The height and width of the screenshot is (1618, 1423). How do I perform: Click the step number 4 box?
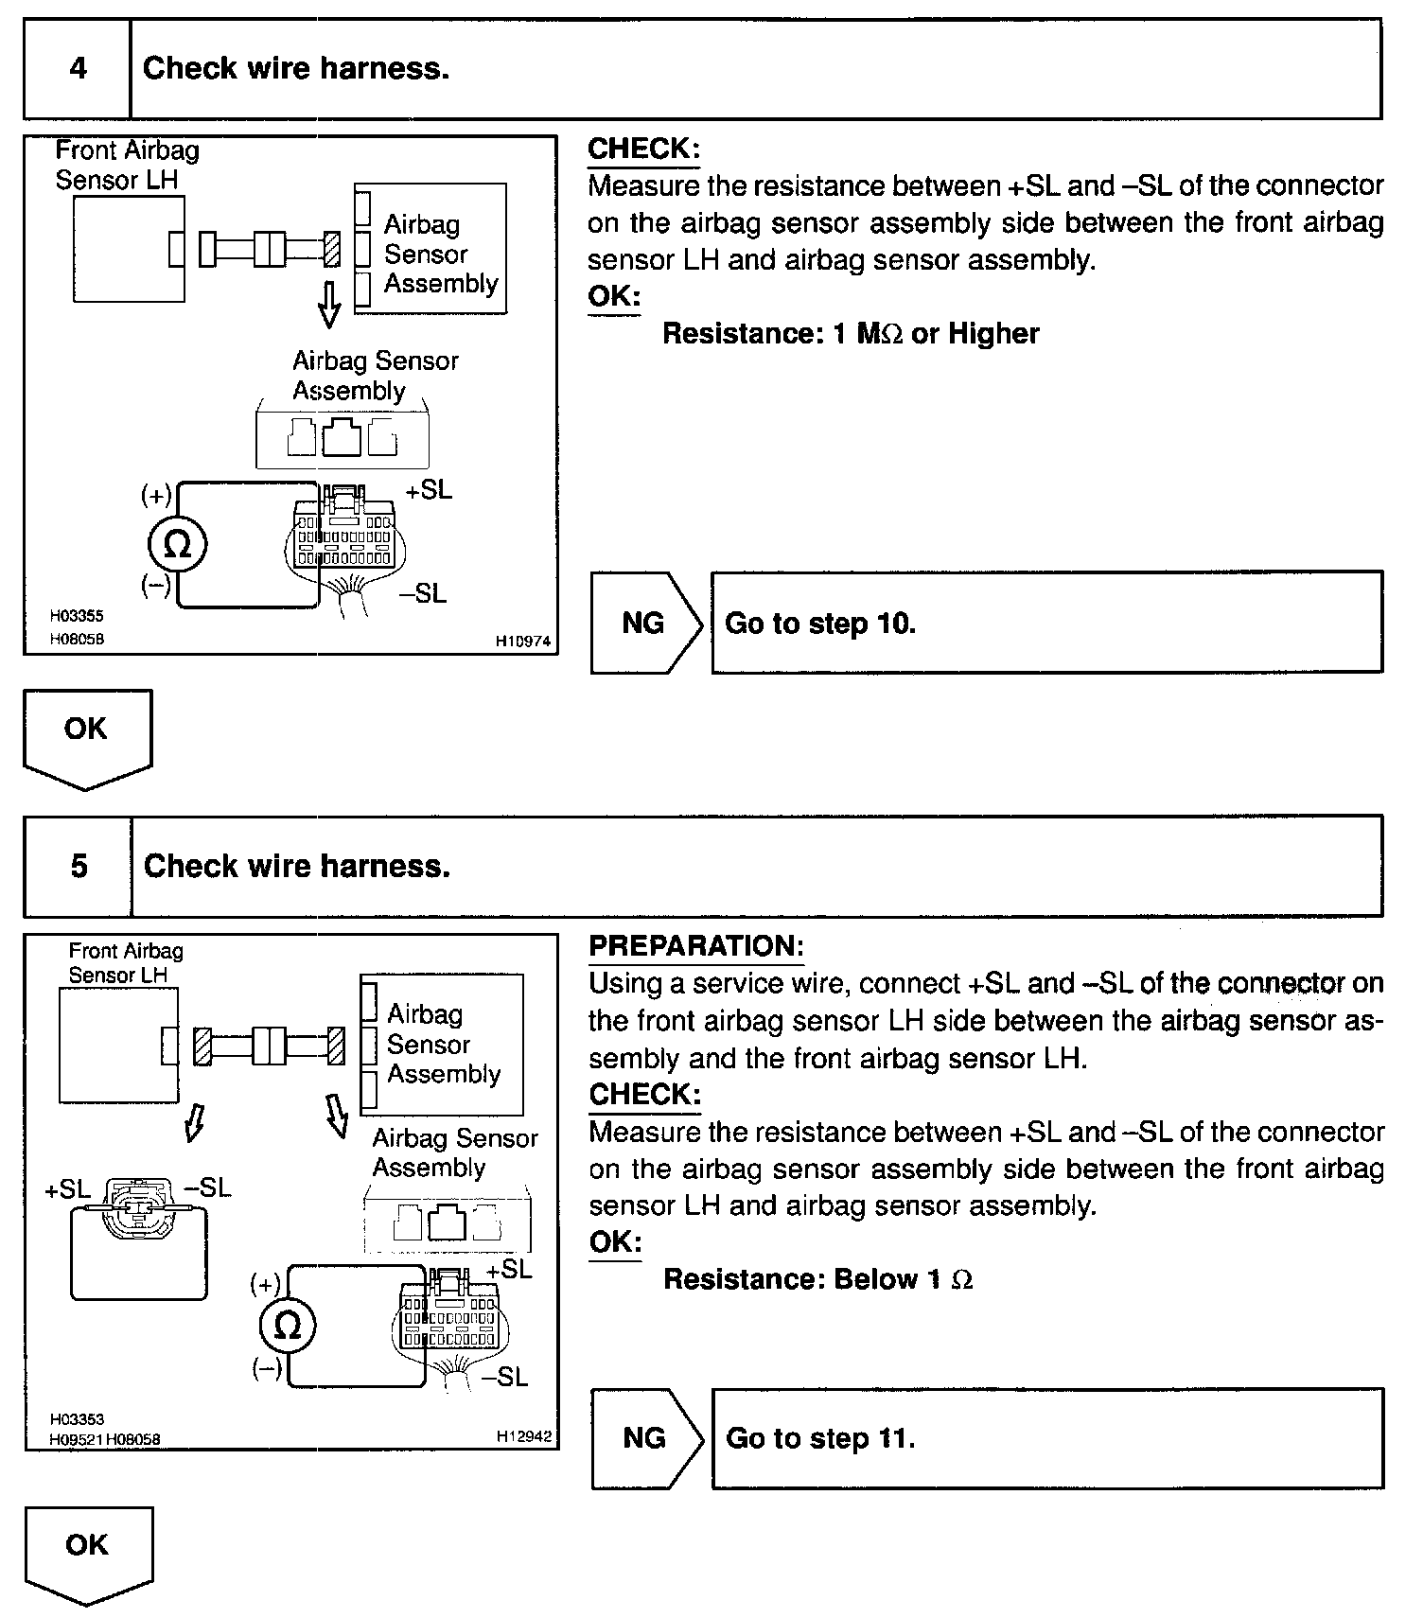pyautogui.click(x=78, y=69)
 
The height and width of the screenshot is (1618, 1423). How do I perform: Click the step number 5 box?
pyautogui.click(x=79, y=867)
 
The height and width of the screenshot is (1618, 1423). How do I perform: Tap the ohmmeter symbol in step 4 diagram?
pyautogui.click(x=177, y=545)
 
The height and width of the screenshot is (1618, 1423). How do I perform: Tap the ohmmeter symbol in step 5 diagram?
pyautogui.click(x=287, y=1326)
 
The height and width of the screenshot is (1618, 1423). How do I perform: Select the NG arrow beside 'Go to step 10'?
pyautogui.click(x=646, y=623)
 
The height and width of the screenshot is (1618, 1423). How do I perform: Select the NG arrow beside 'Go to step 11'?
pyautogui.click(x=647, y=1438)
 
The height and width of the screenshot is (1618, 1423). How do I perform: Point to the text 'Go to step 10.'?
pyautogui.click(x=820, y=624)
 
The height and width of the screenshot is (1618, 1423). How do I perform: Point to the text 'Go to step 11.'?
pyautogui.click(x=820, y=1438)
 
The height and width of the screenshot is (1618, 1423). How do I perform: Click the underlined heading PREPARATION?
pyautogui.click(x=696, y=946)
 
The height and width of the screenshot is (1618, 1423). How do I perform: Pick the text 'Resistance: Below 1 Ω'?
pyautogui.click(x=817, y=1279)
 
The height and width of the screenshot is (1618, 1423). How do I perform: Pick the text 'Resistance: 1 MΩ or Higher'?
pyautogui.click(x=850, y=333)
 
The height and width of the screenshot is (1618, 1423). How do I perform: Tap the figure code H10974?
pyautogui.click(x=523, y=641)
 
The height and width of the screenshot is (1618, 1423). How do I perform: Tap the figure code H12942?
pyautogui.click(x=524, y=1436)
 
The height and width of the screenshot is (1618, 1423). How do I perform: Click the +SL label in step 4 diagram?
pyautogui.click(x=429, y=490)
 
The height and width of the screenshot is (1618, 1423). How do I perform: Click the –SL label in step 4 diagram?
pyautogui.click(x=422, y=593)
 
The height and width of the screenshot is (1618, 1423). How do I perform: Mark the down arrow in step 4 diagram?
pyautogui.click(x=329, y=305)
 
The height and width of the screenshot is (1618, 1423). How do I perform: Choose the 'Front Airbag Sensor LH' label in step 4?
pyautogui.click(x=127, y=165)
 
